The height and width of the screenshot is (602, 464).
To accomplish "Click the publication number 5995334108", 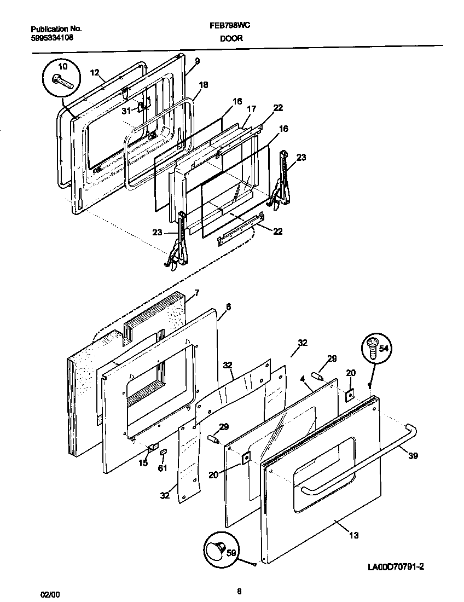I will tap(52, 38).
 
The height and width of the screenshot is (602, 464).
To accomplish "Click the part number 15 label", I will tap(143, 463).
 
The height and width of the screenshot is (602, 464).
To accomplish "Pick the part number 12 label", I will tap(94, 72).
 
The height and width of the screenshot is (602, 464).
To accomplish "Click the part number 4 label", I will tap(302, 377).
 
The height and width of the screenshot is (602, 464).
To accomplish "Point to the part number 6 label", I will tap(228, 307).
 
